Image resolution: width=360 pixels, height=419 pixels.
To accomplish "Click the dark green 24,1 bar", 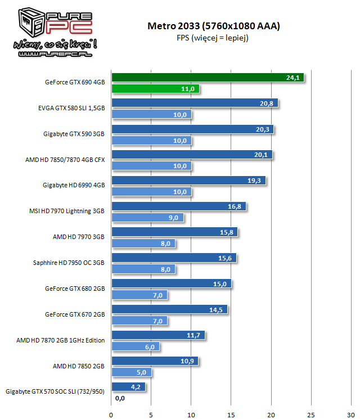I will tap(208, 78).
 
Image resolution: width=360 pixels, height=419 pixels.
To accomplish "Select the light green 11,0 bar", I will tap(155, 89).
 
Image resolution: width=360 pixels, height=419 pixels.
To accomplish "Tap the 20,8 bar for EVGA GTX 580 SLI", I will tap(195, 103).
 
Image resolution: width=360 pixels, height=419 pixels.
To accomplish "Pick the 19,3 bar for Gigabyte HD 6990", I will tap(188, 181).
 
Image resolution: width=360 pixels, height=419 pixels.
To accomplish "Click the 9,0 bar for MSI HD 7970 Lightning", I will tap(147, 218).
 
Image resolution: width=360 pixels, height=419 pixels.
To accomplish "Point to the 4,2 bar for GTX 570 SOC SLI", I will tap(128, 387).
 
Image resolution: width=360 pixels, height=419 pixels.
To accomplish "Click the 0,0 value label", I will tap(119, 398).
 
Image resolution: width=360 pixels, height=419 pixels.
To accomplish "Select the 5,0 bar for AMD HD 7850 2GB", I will tap(132, 372).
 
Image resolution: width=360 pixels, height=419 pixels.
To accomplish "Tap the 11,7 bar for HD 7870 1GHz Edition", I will tap(158, 335).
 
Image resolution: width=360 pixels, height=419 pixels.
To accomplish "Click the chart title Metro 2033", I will tap(213, 26).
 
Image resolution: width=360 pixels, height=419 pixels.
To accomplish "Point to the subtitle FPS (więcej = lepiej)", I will tap(213, 38).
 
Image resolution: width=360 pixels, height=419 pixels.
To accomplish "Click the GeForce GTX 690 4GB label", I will tap(75, 82).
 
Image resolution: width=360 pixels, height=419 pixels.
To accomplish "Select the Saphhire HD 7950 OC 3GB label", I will tap(69, 263).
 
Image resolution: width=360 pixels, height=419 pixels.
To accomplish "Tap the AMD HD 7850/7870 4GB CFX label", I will tap(65, 160).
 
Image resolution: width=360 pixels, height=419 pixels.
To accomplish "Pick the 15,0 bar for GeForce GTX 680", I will tap(171, 284).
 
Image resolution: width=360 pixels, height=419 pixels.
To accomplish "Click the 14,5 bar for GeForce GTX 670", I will tap(169, 310).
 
